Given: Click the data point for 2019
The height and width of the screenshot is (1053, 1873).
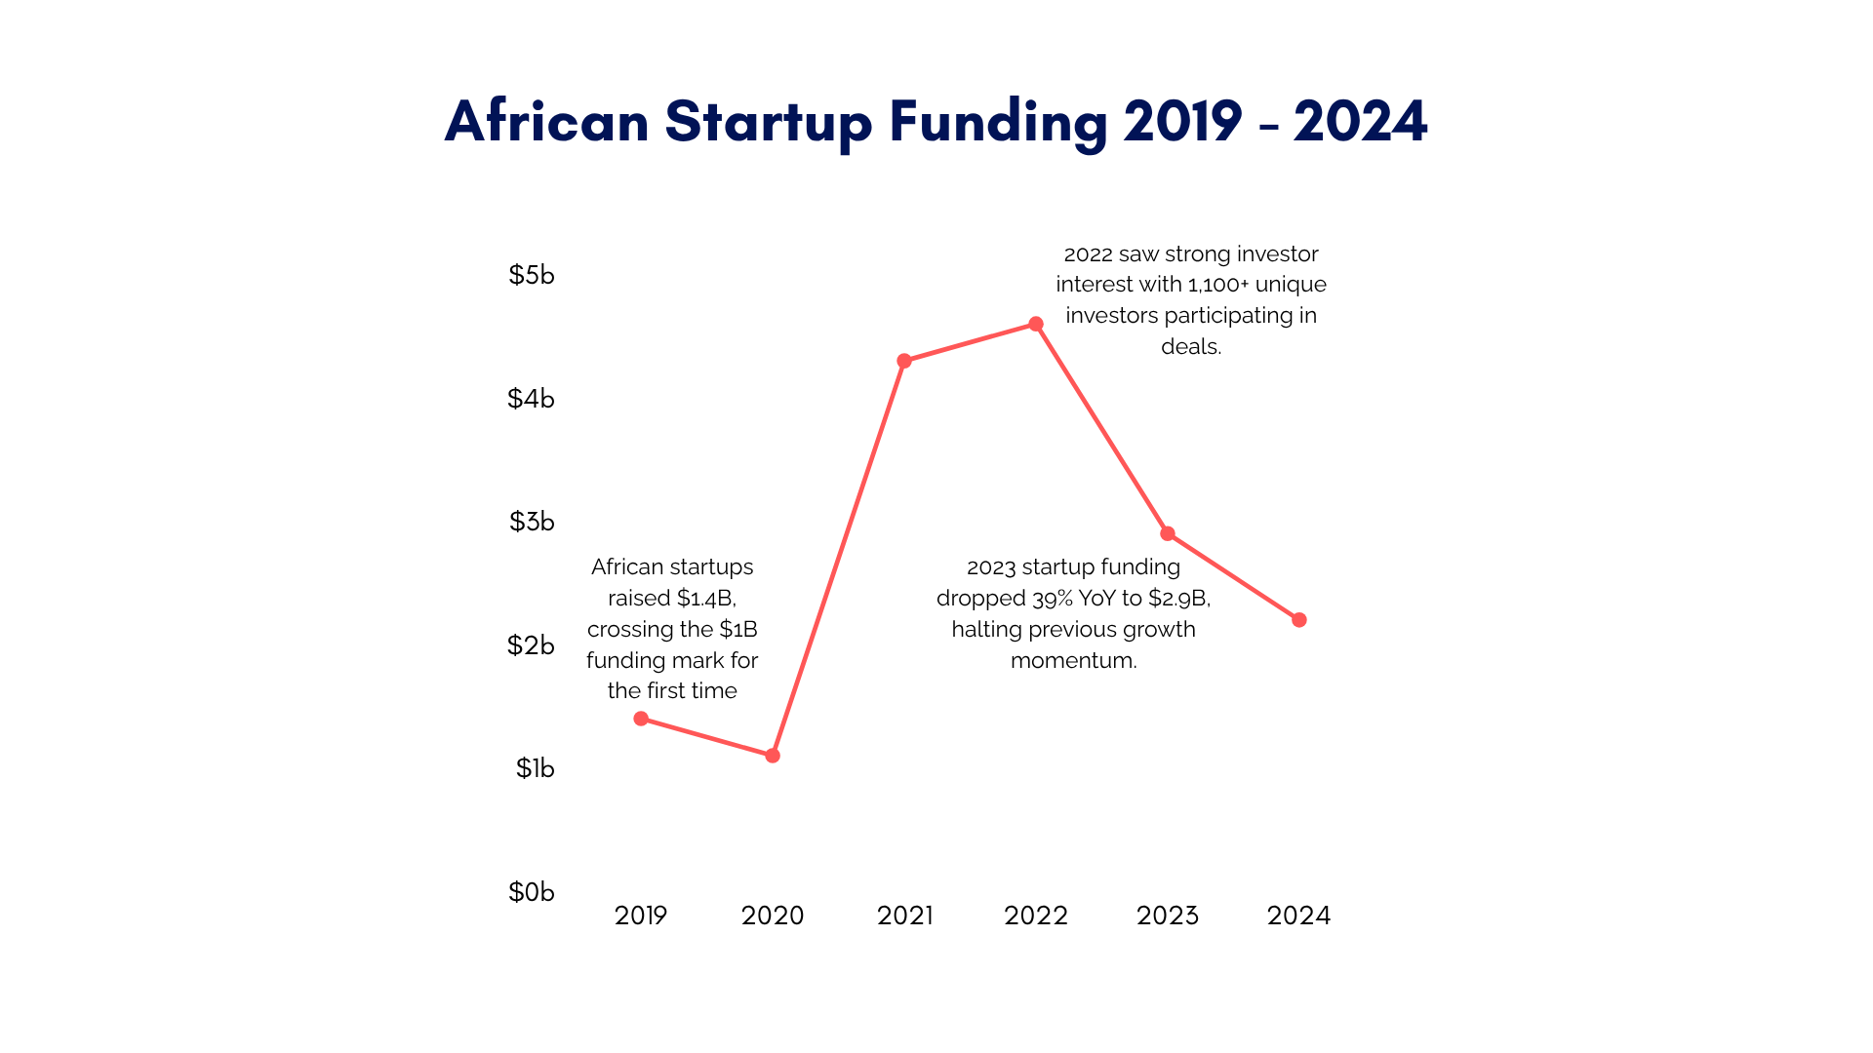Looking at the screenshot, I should coord(641,719).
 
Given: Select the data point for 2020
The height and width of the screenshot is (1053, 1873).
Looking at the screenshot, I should coord(773,756).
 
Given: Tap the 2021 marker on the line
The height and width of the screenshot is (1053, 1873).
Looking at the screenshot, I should coord(904,361).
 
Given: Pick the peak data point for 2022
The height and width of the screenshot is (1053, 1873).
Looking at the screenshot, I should coord(1036,324).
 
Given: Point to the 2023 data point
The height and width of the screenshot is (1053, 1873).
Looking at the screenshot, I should coord(1168,533).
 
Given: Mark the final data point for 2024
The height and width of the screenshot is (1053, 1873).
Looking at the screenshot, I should coord(1299,620).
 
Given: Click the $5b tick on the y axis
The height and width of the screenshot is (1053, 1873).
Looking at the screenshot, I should coord(531,275).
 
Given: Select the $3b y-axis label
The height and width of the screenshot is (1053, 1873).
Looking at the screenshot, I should coord(531,522).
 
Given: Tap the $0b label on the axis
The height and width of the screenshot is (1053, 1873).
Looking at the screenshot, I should coord(531,892).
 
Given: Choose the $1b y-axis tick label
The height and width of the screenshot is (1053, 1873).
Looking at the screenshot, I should coord(535,768).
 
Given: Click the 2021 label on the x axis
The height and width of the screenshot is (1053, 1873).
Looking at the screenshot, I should coord(904,916).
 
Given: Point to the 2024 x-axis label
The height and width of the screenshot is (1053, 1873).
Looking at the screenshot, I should coord(1298,916).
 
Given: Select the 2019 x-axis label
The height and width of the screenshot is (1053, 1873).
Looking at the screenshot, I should coord(641,916).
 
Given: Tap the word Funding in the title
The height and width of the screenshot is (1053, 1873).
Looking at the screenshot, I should coord(998,123).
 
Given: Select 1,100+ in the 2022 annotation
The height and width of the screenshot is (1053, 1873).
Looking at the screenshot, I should coord(1217,285).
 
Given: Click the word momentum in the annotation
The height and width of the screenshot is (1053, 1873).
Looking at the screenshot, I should coord(1073,660).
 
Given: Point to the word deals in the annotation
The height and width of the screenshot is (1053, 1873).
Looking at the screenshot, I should coord(1190,346).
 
